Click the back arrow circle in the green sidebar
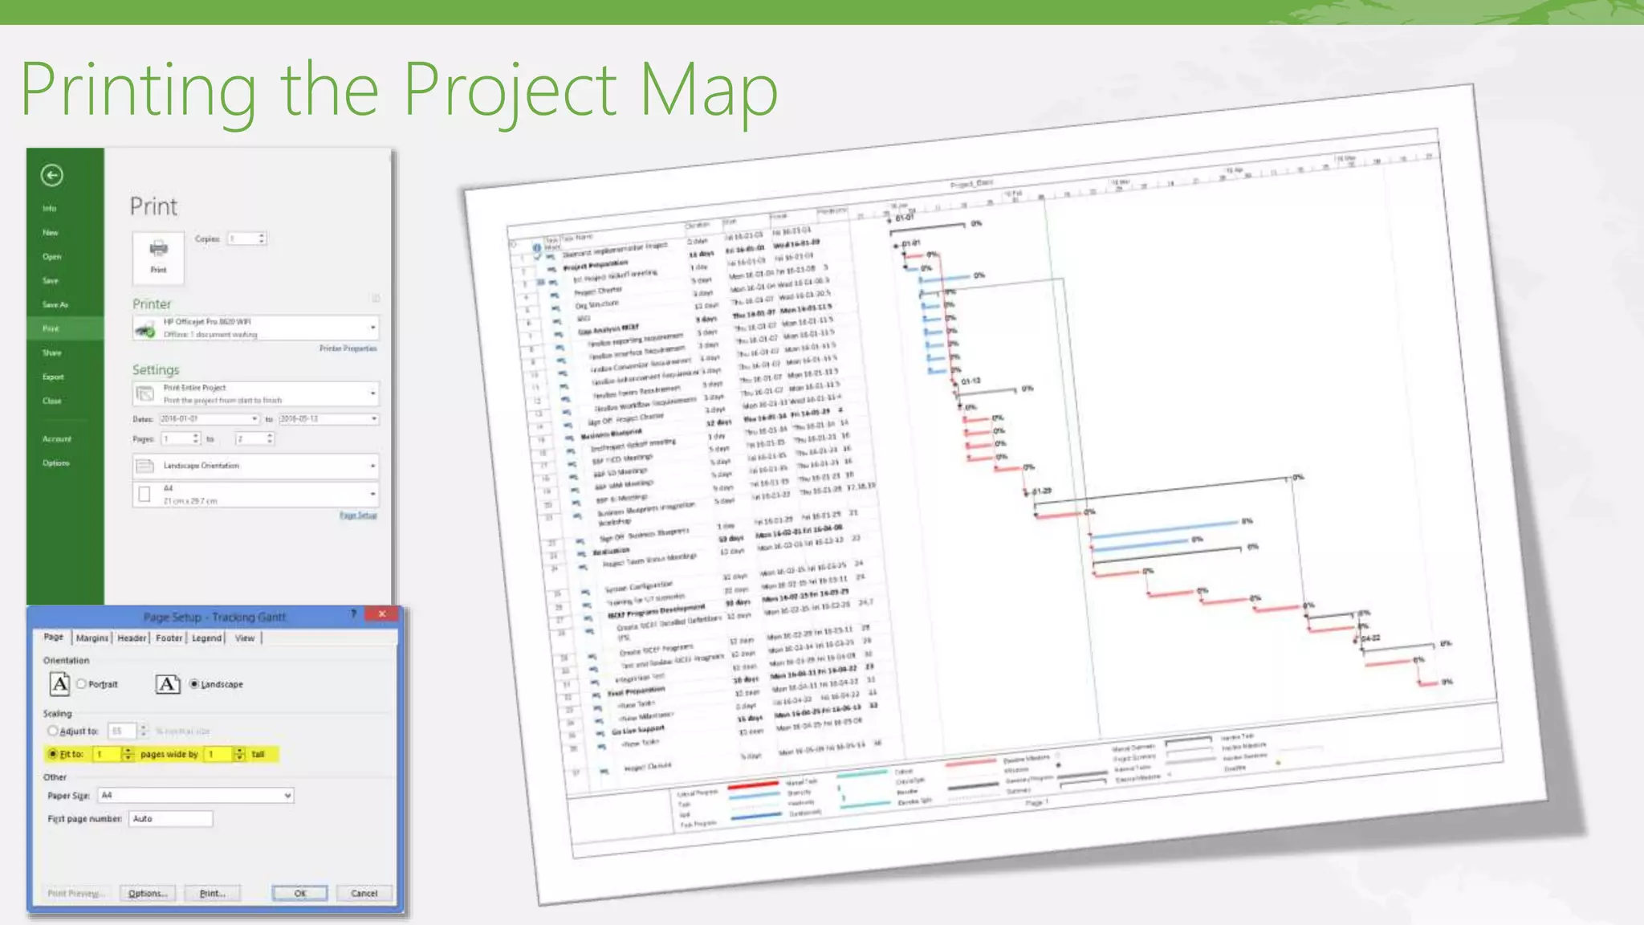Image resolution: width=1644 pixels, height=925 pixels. click(52, 175)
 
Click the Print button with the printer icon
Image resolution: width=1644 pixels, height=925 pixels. click(158, 257)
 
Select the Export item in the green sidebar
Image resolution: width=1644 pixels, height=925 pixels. click(53, 377)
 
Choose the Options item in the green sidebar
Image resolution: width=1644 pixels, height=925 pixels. click(56, 463)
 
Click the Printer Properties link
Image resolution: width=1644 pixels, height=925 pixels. click(348, 348)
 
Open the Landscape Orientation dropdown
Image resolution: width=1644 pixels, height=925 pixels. click(255, 466)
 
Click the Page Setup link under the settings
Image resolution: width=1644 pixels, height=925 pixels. click(358, 515)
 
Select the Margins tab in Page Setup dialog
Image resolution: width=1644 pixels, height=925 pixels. click(92, 638)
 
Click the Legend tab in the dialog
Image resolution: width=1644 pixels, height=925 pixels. click(206, 638)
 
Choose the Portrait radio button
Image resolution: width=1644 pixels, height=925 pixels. click(82, 684)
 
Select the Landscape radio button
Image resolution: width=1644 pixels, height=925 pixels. click(194, 684)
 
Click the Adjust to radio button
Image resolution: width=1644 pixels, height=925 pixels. click(53, 731)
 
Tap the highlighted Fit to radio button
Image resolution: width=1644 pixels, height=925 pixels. click(53, 754)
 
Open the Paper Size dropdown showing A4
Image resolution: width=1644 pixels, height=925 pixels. click(195, 795)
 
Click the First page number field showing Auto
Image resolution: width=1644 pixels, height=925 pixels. click(170, 818)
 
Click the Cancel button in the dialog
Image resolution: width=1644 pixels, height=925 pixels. click(364, 893)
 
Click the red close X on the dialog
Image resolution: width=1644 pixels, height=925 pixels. click(382, 613)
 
